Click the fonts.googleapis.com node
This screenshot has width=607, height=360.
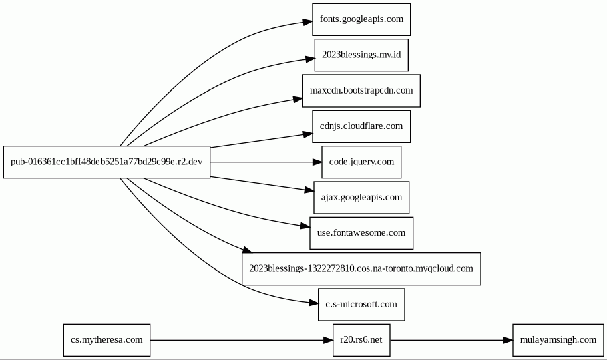(x=361, y=19)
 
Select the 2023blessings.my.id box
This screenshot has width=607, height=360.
(x=361, y=55)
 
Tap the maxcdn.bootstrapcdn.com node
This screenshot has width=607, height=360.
(x=361, y=91)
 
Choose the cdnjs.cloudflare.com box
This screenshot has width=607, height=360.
(x=361, y=126)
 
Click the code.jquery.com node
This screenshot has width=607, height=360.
(x=361, y=162)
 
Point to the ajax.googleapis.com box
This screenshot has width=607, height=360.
(x=361, y=198)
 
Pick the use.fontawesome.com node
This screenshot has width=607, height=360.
(x=361, y=233)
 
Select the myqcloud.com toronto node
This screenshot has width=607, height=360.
(x=361, y=268)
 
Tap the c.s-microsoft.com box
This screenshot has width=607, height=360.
(x=361, y=305)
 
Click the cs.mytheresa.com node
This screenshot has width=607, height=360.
(x=107, y=340)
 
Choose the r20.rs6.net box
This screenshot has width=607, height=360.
(x=361, y=340)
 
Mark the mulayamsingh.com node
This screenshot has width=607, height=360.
(x=558, y=340)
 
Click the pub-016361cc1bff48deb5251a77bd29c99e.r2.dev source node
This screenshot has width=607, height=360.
(x=107, y=162)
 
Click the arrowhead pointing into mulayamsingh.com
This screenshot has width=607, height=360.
(x=508, y=340)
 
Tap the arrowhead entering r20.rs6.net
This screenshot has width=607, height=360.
(x=328, y=340)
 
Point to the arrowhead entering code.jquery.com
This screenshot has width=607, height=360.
(x=317, y=162)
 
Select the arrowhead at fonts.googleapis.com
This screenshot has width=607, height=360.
(x=307, y=21)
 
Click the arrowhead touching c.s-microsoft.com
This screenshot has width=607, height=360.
(x=313, y=303)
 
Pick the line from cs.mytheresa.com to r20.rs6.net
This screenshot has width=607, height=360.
(x=236, y=340)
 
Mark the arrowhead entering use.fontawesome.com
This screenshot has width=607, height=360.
(x=305, y=226)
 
